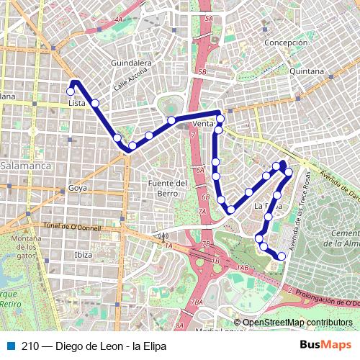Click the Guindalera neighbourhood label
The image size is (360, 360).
click(130, 63)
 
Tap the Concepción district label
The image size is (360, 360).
click(286, 43)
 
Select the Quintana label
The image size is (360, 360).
click(307, 71)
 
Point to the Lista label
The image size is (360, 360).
click(76, 103)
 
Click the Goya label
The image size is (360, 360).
click(77, 188)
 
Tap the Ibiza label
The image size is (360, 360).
click(83, 255)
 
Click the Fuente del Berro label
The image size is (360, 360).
click(167, 189)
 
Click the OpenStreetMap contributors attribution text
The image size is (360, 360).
click(297, 323)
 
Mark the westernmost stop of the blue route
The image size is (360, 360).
click(71, 91)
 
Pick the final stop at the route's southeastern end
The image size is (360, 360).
click(282, 256)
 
